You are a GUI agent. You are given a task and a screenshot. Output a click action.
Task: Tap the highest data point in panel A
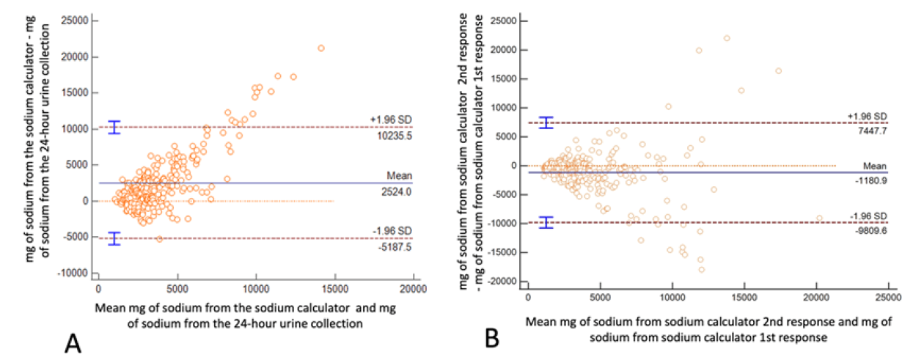point(321,48)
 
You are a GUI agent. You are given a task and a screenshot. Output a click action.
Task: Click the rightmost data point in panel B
point(819,218)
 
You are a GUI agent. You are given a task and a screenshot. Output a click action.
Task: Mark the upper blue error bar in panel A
point(114,128)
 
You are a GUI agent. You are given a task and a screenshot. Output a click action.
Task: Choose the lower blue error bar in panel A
point(114,238)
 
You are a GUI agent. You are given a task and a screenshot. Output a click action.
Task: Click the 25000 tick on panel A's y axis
point(74,21)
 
